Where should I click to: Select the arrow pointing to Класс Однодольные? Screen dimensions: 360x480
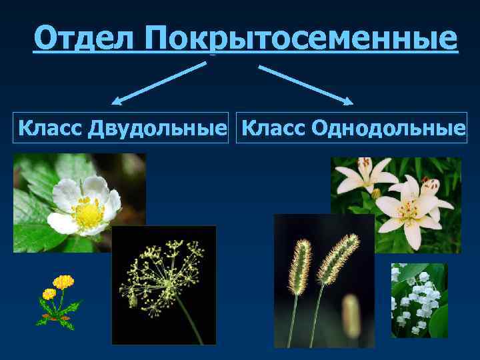coord(305,84)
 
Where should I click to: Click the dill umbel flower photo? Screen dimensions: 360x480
coord(164,285)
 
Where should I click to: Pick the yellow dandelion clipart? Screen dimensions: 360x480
coord(58,301)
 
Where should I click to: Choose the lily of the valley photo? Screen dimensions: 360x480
coord(419,300)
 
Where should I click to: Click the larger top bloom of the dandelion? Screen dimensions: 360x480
coord(63,282)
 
